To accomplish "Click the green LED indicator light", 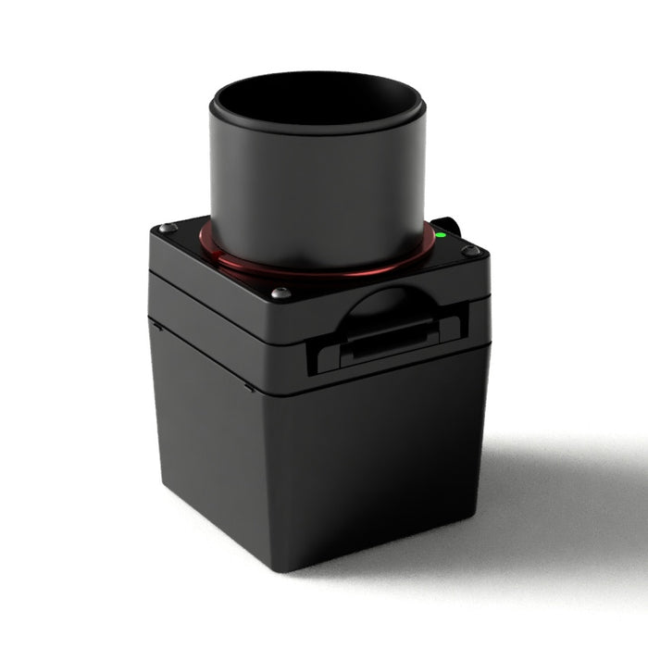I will [x=442, y=235].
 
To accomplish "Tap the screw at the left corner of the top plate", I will [x=168, y=228].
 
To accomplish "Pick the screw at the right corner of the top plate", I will [x=471, y=251].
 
